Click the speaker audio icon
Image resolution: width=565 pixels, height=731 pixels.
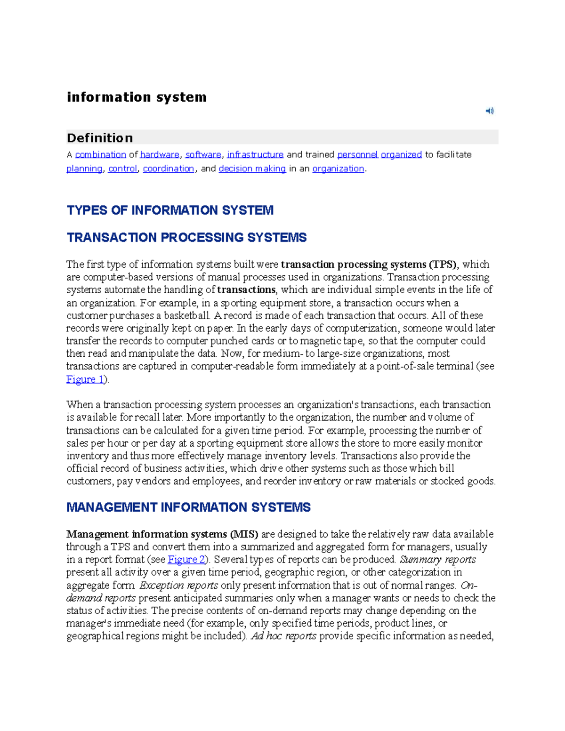tap(490, 111)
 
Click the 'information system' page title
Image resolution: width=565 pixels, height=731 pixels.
tap(137, 97)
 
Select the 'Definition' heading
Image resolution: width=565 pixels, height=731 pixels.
tap(100, 138)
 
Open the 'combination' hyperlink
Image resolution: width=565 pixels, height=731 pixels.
tap(100, 154)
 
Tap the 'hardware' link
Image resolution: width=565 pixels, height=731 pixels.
tap(160, 154)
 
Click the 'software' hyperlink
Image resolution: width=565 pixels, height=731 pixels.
tap(203, 154)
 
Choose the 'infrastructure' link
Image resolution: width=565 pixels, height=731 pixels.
tap(255, 154)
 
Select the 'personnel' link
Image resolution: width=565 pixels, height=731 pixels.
tap(357, 154)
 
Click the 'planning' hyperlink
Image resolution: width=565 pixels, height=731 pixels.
tap(84, 169)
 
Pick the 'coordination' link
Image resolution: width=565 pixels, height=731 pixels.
tap(168, 169)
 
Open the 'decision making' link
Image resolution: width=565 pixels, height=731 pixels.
tap(252, 169)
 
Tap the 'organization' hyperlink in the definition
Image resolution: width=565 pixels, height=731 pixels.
tap(338, 169)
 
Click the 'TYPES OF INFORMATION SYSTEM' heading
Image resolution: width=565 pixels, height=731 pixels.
tap(170, 210)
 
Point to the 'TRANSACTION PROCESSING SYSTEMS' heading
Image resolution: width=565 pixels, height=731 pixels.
tap(186, 237)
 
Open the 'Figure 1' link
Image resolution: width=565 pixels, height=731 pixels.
tap(85, 379)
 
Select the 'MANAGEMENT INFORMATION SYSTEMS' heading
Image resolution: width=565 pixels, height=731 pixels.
tap(188, 507)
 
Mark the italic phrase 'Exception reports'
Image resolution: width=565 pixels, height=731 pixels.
tap(179, 586)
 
